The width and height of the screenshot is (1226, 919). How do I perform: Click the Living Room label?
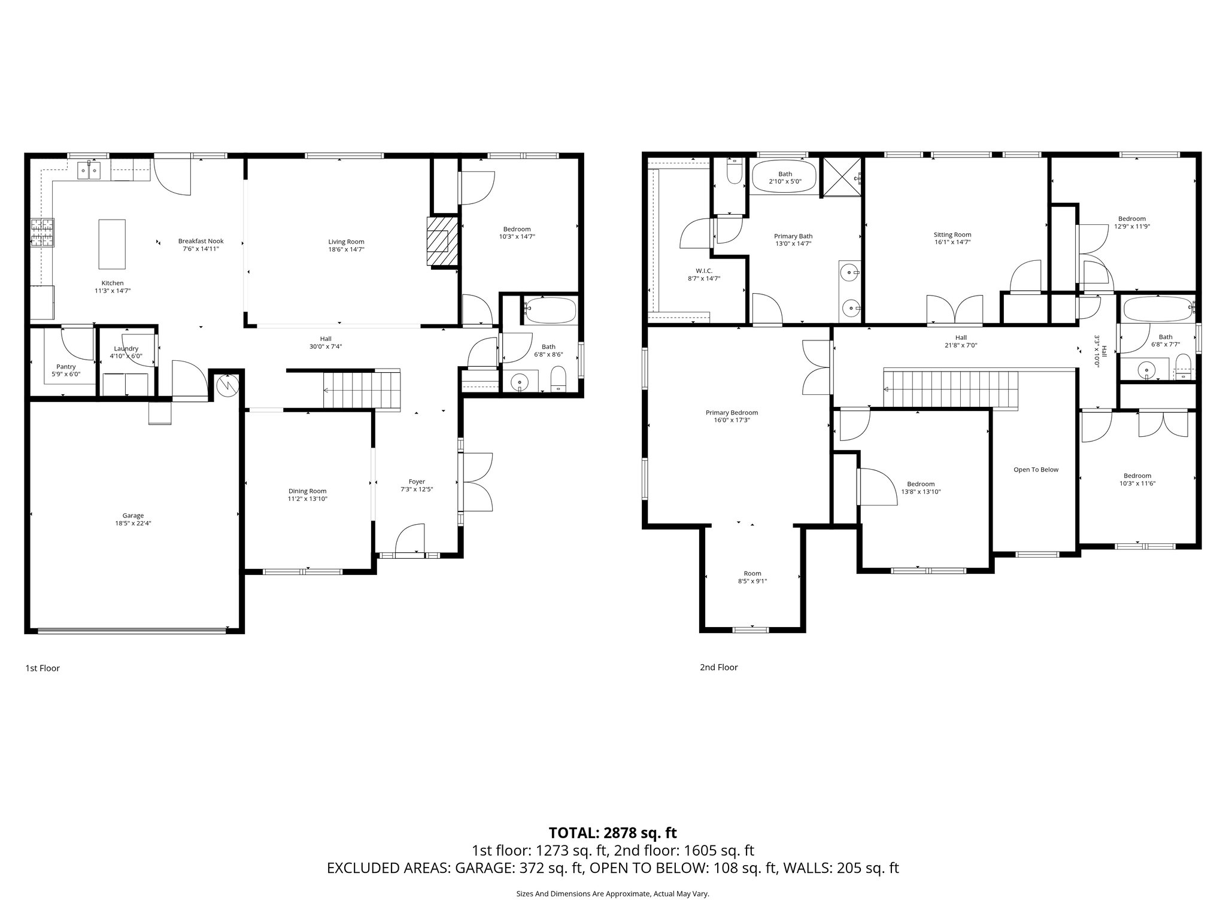pos(346,242)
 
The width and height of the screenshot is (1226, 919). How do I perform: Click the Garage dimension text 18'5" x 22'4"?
pos(133,523)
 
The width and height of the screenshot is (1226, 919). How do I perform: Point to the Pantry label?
pos(66,367)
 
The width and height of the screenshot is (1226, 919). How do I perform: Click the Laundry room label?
pos(126,348)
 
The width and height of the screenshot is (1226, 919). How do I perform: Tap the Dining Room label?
pos(308,491)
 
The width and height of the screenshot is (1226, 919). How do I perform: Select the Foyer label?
pos(417,482)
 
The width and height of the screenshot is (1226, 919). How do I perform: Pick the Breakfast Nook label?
pos(201,241)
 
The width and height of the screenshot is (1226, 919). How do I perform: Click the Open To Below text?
pos(1036,470)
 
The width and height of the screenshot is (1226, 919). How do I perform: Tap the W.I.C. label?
pos(704,271)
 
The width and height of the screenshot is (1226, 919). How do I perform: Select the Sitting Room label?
pos(952,235)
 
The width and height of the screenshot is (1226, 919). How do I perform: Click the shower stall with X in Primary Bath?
pos(841,177)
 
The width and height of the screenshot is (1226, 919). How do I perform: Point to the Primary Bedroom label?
pos(732,412)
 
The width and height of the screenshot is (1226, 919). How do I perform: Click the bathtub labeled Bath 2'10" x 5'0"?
pos(784,177)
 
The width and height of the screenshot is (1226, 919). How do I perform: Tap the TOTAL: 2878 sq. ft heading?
pos(612,832)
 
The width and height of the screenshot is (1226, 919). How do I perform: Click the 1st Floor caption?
pos(43,668)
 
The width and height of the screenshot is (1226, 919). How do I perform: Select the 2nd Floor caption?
pos(718,667)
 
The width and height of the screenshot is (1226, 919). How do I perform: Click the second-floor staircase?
pos(952,388)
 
